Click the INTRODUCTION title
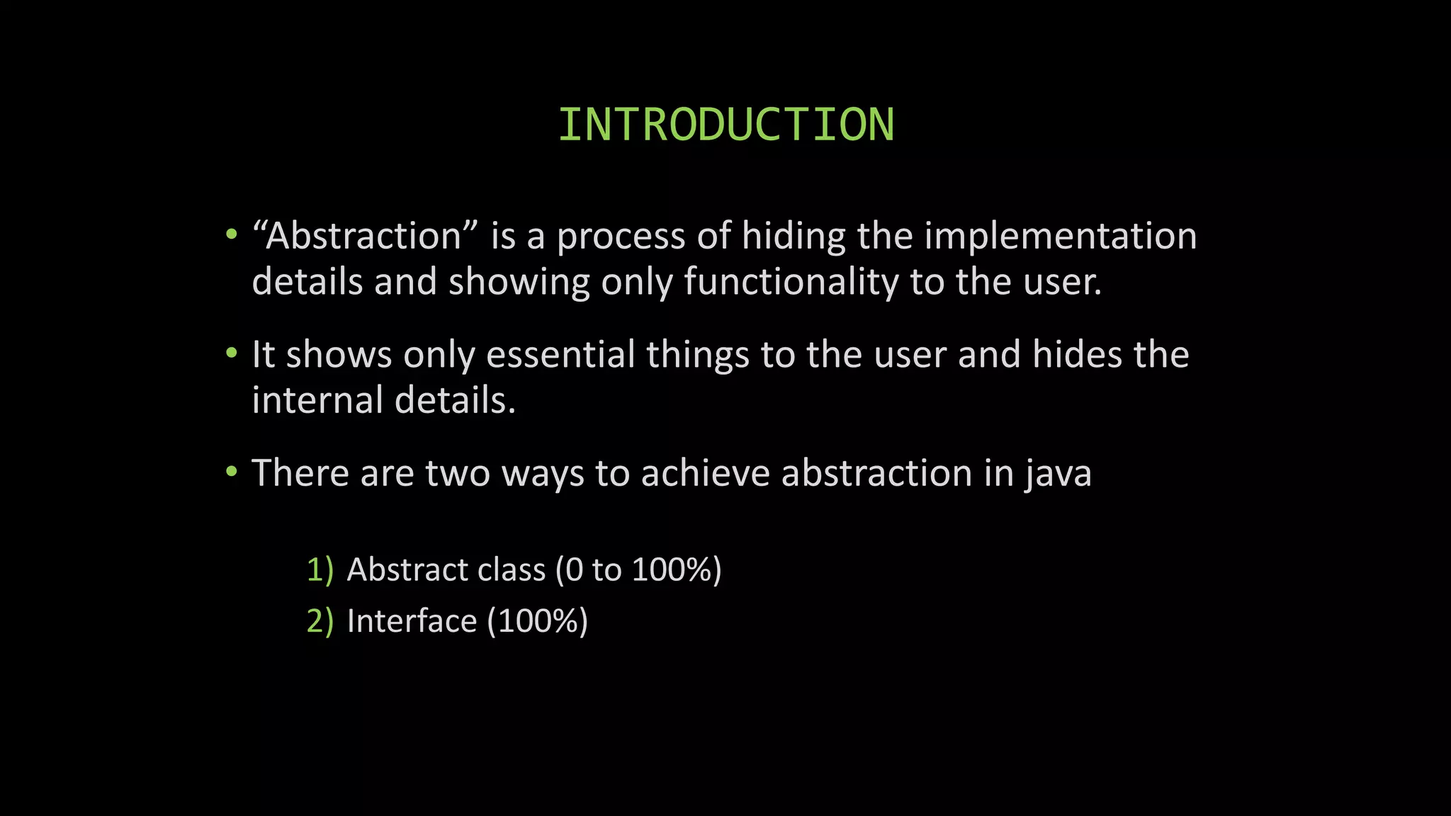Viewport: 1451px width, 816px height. click(x=725, y=125)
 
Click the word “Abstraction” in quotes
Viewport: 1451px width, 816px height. click(x=365, y=236)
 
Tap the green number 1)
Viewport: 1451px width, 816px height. click(x=320, y=569)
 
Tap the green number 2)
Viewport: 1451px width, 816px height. click(x=320, y=621)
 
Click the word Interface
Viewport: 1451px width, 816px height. click(x=412, y=621)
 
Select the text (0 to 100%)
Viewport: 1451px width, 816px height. click(x=638, y=569)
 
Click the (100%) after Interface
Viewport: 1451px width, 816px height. click(x=538, y=621)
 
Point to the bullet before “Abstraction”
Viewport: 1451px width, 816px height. click(x=231, y=234)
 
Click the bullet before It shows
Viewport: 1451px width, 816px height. click(x=231, y=353)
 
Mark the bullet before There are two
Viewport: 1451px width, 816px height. click(x=231, y=472)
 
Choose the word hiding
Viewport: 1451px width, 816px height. click(x=794, y=237)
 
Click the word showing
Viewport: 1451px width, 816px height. click(x=519, y=283)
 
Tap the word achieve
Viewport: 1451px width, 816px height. click(x=705, y=473)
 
